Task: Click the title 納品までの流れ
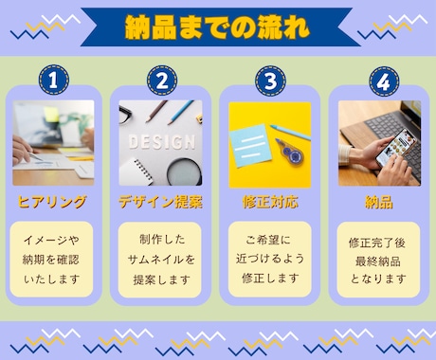217,27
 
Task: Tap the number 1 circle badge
54,80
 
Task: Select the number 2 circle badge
162,81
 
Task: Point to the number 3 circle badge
270,81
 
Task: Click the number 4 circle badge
384,81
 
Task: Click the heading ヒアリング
52,202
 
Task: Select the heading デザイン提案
160,202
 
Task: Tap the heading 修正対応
270,202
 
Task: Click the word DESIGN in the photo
162,142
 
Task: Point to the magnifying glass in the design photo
185,172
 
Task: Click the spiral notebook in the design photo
136,171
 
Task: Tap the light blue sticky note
252,146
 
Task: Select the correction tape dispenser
290,153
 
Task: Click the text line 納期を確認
51,260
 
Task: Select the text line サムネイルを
161,260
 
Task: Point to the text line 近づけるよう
270,259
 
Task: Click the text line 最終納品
378,261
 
